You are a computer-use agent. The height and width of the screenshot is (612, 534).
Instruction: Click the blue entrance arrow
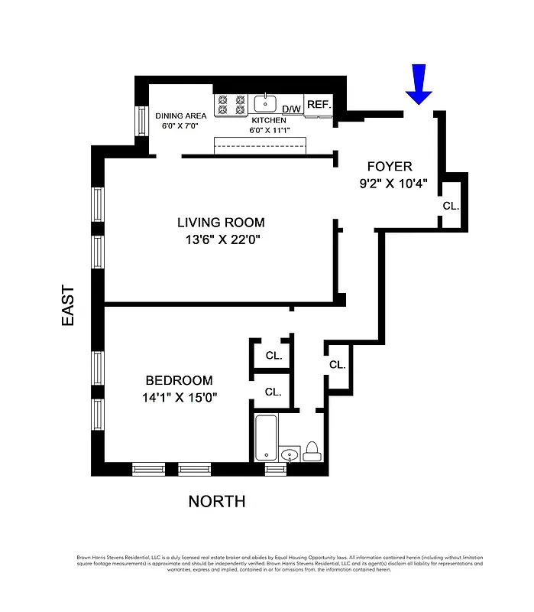pyautogui.click(x=419, y=84)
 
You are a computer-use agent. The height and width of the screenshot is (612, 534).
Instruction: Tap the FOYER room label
pyautogui.click(x=390, y=167)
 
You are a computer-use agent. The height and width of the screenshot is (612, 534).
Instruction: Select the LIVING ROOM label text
pyautogui.click(x=221, y=223)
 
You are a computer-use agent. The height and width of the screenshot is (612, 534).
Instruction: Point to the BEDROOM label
pyautogui.click(x=180, y=380)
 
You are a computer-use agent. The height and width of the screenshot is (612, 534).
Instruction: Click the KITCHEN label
pyautogui.click(x=268, y=120)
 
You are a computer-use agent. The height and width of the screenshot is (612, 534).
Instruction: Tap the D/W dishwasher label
pyautogui.click(x=292, y=109)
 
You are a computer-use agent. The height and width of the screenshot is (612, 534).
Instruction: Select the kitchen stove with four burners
pyautogui.click(x=231, y=105)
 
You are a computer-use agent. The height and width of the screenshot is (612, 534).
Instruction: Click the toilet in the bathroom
pyautogui.click(x=312, y=452)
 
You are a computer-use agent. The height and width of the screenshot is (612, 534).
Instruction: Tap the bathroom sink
pyautogui.click(x=290, y=455)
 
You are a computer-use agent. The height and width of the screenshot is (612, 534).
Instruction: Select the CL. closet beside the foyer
pyautogui.click(x=451, y=207)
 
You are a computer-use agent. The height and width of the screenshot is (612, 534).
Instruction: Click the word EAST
pyautogui.click(x=69, y=306)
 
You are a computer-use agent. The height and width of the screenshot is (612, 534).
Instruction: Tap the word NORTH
pyautogui.click(x=217, y=502)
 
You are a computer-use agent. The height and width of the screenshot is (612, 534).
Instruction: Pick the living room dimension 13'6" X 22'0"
pyautogui.click(x=221, y=239)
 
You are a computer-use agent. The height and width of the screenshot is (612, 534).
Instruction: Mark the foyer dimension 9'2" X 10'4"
pyautogui.click(x=393, y=184)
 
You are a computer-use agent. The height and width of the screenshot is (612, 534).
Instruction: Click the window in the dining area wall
pyautogui.click(x=141, y=120)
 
